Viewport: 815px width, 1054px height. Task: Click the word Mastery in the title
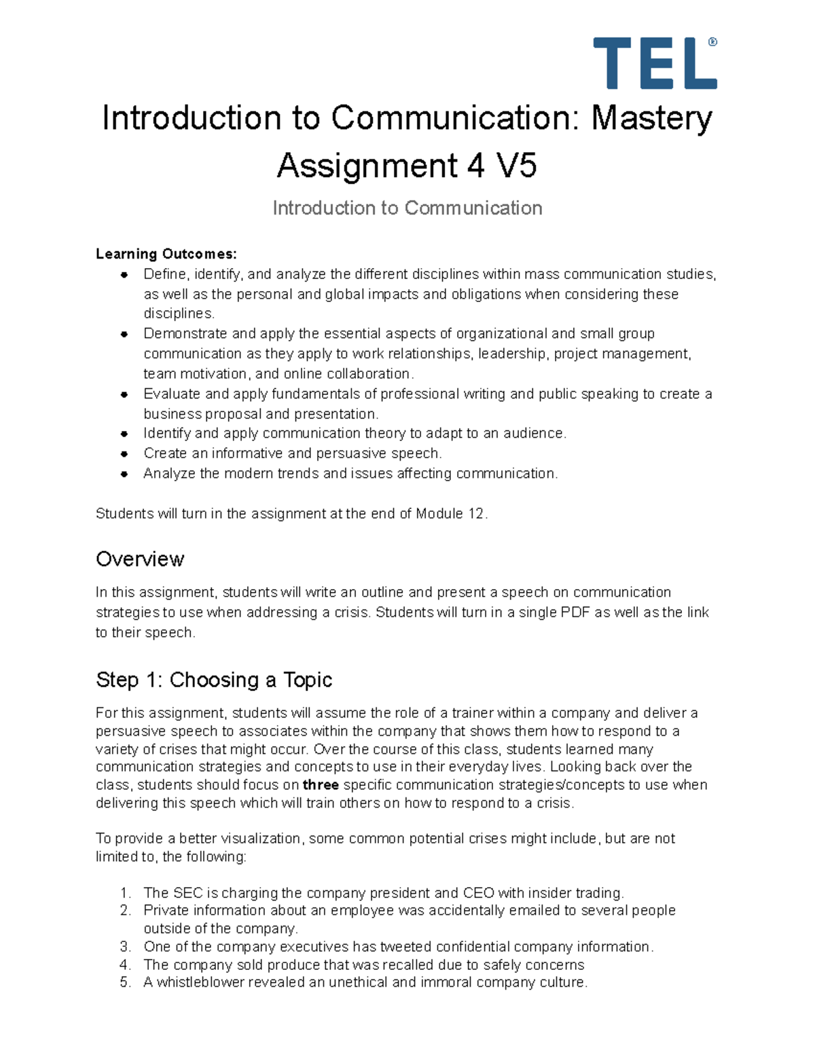(651, 118)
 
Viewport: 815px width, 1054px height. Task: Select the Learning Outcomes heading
(166, 254)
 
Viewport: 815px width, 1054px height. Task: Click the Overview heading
(140, 559)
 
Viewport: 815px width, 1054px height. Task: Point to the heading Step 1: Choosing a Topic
(214, 679)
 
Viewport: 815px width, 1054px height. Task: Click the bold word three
(321, 785)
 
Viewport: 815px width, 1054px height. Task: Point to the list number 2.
(125, 910)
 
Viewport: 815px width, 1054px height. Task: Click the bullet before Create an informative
(124, 453)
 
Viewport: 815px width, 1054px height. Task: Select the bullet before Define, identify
(124, 274)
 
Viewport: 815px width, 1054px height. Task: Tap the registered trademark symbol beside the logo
(712, 42)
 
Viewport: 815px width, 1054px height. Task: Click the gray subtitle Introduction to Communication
(407, 208)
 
